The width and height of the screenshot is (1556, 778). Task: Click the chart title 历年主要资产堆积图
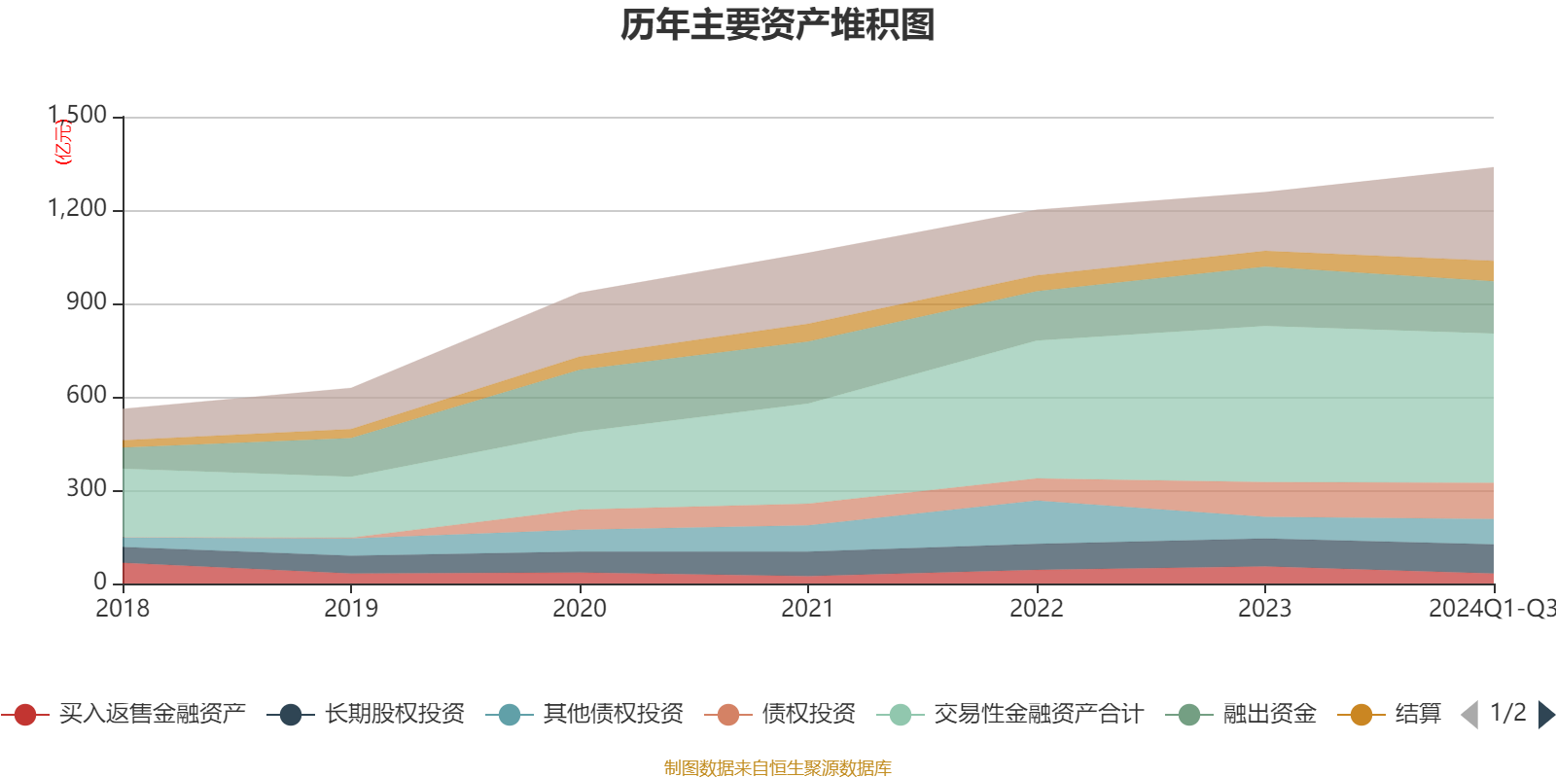click(778, 25)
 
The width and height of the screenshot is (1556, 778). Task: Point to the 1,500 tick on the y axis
click(78, 116)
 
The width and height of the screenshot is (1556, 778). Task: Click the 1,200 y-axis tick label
click(78, 209)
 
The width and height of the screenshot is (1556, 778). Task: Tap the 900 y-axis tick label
click(87, 302)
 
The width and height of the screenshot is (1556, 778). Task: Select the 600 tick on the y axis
click(87, 396)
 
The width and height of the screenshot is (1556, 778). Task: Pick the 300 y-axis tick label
click(87, 489)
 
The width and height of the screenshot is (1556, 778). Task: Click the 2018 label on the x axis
click(123, 609)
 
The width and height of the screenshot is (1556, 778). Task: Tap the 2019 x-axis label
click(351, 609)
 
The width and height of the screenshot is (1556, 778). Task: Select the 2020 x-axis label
click(580, 609)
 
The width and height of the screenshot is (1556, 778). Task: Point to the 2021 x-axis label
click(808, 609)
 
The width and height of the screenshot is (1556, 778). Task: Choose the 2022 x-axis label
click(1037, 609)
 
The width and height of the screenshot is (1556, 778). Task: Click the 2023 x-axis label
click(1264, 609)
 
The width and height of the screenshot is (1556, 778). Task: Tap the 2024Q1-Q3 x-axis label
click(1491, 609)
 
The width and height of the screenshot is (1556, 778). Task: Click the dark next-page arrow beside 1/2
click(1545, 715)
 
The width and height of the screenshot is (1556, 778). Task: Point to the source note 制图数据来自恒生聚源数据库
click(778, 768)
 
